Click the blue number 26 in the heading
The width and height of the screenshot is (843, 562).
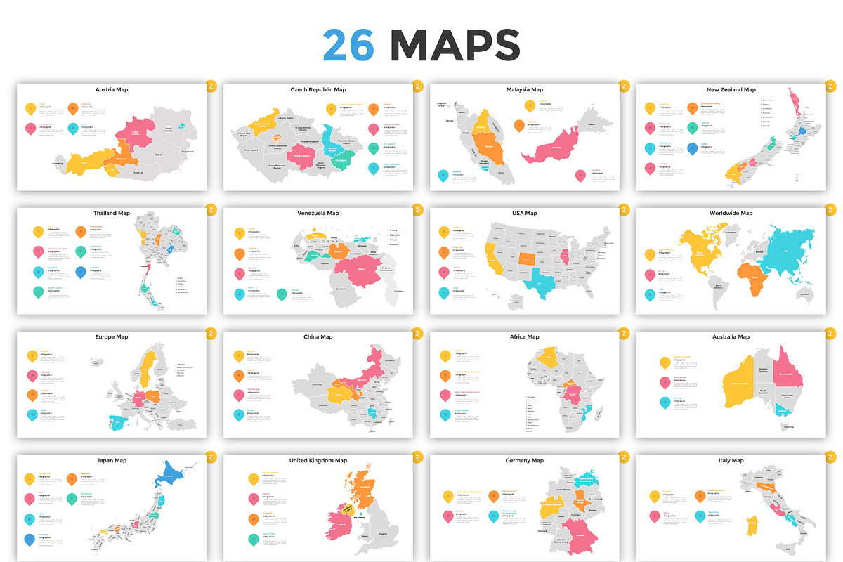pyautogui.click(x=348, y=46)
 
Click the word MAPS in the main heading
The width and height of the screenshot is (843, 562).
pyautogui.click(x=455, y=46)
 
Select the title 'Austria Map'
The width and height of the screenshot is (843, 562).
pyautogui.click(x=112, y=90)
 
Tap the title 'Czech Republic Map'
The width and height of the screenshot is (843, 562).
pyautogui.click(x=318, y=90)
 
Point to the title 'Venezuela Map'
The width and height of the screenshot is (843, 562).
pyautogui.click(x=318, y=214)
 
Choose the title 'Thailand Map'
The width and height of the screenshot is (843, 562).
pyautogui.click(x=112, y=214)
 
